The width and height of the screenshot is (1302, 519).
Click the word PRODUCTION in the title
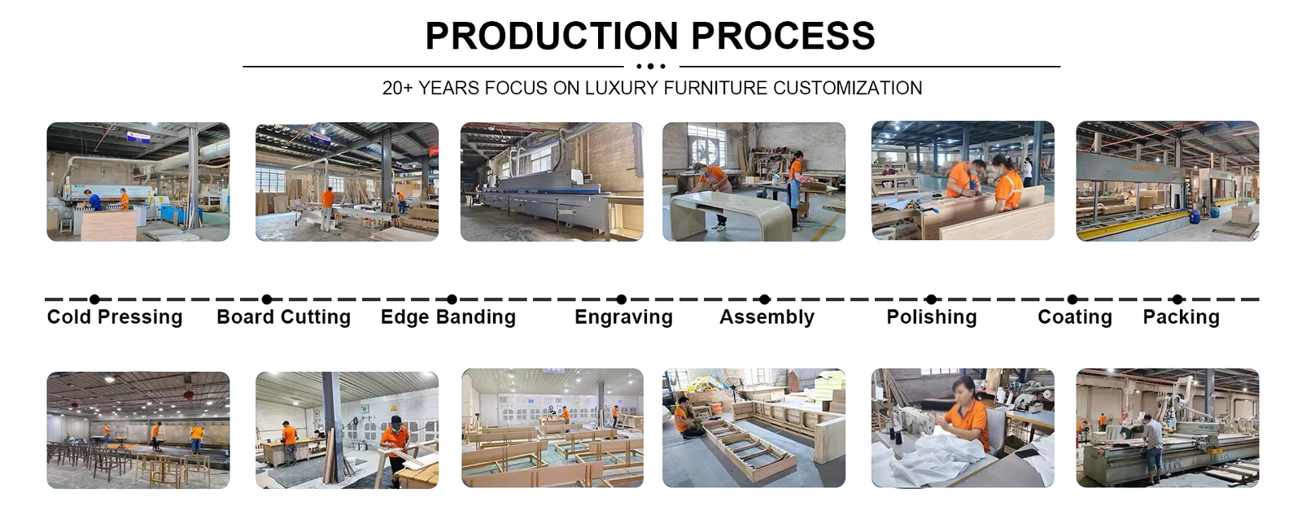(552, 36)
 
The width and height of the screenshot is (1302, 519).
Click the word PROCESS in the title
(783, 36)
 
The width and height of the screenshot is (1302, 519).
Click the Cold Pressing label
(115, 317)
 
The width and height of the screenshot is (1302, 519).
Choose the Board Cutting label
(284, 317)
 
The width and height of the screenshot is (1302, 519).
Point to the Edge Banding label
(448, 317)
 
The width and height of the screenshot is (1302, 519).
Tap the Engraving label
(623, 317)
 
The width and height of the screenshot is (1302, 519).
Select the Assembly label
(767, 317)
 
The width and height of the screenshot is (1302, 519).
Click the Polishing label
(932, 317)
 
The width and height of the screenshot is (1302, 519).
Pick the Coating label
(1075, 317)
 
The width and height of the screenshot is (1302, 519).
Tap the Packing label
(1181, 317)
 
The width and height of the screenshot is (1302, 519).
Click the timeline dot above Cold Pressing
(94, 299)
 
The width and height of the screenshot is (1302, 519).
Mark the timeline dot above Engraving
(622, 299)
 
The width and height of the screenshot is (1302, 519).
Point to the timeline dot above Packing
(1177, 299)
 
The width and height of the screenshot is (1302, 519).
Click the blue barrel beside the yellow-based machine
(1195, 216)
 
